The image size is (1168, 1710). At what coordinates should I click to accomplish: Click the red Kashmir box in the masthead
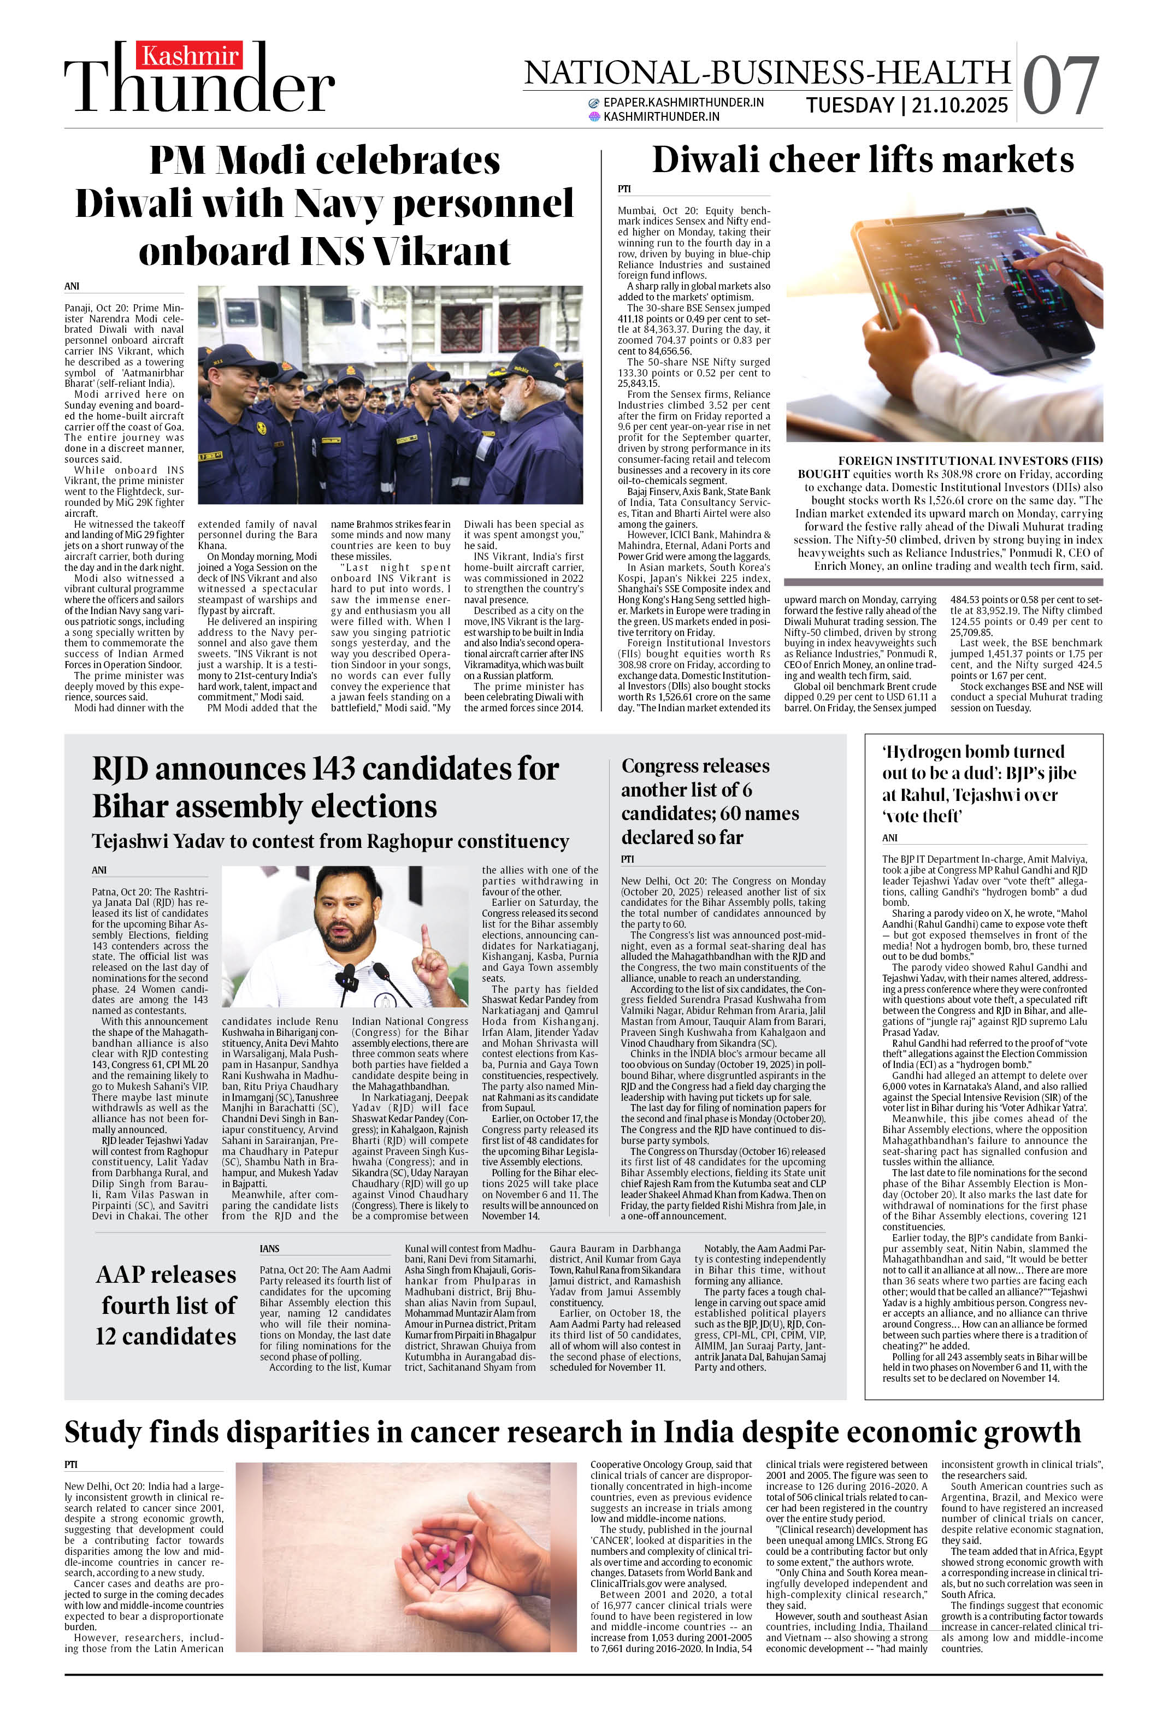(x=189, y=56)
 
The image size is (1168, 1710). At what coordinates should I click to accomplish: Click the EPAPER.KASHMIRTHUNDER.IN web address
(x=682, y=102)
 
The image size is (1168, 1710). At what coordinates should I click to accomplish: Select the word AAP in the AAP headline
(x=129, y=1275)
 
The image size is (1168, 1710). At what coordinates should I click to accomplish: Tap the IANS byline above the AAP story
(x=269, y=1249)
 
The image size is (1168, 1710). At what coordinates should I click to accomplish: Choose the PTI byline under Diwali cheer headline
(x=623, y=189)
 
